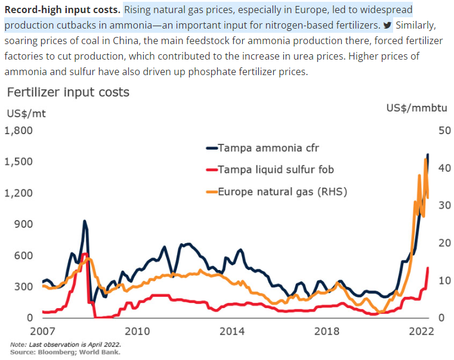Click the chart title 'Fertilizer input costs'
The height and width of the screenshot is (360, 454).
tap(67, 92)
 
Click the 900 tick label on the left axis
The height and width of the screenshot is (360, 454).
tap(23, 224)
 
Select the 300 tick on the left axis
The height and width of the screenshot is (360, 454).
tap(23, 287)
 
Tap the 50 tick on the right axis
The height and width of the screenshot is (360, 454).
tap(439, 131)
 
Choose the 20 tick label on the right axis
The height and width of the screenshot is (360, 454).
tap(439, 243)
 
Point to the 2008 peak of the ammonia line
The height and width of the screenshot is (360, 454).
tap(85, 221)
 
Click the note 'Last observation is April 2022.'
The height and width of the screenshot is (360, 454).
tap(66, 345)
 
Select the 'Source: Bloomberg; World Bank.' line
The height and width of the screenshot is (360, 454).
tap(65, 352)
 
